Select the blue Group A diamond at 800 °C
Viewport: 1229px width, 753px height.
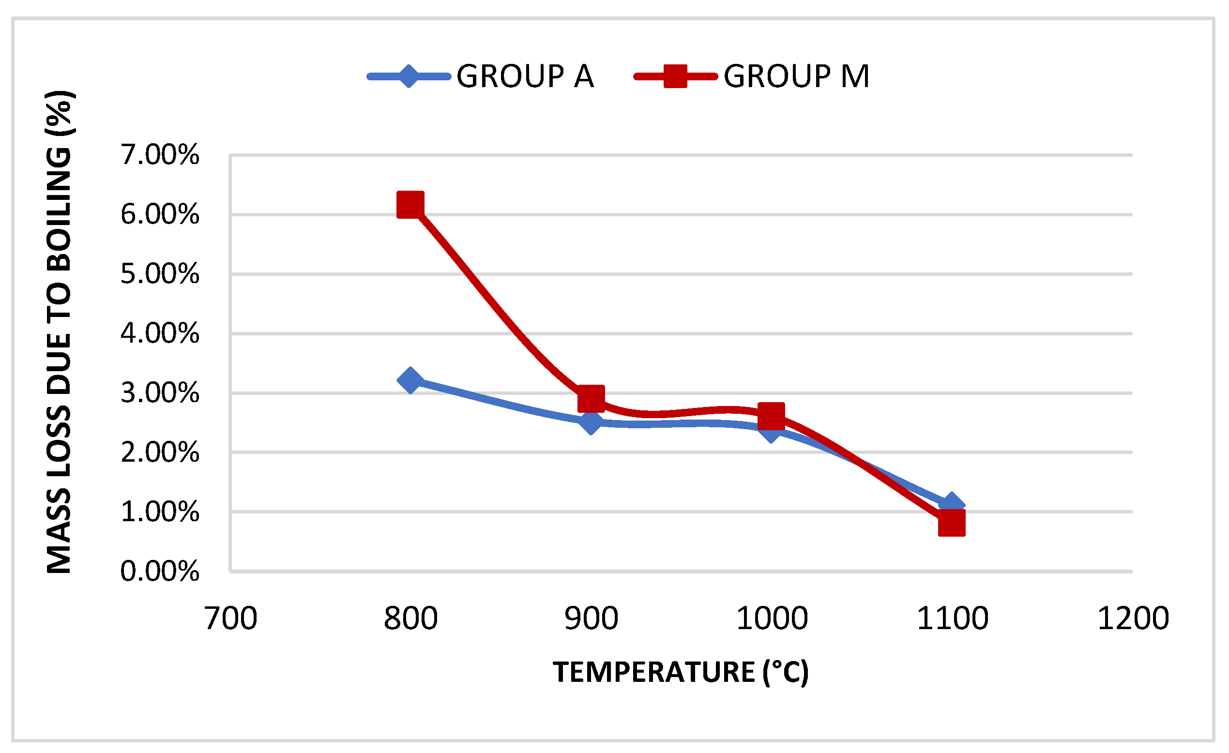[410, 381]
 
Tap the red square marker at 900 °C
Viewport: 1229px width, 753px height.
[591, 399]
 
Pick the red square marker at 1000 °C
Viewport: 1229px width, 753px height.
[771, 416]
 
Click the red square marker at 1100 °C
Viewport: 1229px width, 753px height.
[951, 524]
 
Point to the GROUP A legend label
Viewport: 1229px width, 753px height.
[525, 77]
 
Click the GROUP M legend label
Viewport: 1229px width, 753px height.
[796, 77]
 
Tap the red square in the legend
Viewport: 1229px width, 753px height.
[675, 76]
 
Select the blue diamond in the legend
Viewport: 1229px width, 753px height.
[409, 76]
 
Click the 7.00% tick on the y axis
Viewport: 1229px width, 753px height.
[160, 154]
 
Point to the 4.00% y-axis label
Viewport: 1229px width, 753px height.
[160, 333]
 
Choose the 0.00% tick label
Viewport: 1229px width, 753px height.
[160, 571]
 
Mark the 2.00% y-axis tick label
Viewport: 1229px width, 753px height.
[160, 452]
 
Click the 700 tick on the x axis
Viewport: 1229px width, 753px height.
[231, 618]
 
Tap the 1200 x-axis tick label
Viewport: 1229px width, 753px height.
[1133, 618]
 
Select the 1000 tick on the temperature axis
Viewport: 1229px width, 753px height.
[772, 618]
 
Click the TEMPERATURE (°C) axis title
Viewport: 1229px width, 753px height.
[681, 672]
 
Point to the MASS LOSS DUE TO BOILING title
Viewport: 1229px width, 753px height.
[60, 332]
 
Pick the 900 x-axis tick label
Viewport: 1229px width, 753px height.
[591, 618]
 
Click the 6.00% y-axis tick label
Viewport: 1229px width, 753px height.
[160, 214]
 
